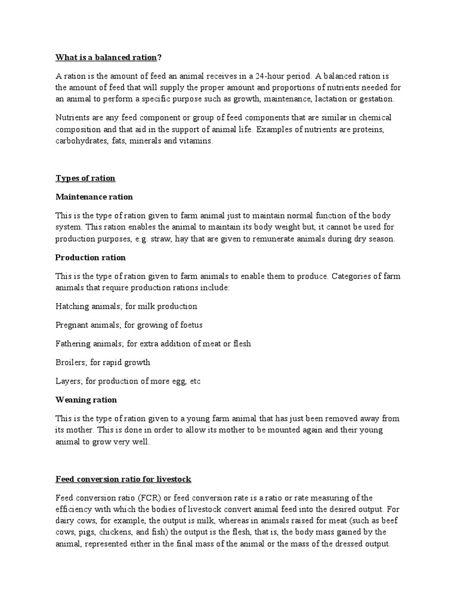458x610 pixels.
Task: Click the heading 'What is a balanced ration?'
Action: coord(109,58)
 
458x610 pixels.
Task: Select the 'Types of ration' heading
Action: coord(85,178)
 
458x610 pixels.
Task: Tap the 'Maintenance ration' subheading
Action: coord(94,197)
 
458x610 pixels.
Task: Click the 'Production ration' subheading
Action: coord(91,257)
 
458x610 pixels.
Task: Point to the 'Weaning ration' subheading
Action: coord(86,400)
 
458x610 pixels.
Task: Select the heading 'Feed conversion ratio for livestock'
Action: coord(123,479)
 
